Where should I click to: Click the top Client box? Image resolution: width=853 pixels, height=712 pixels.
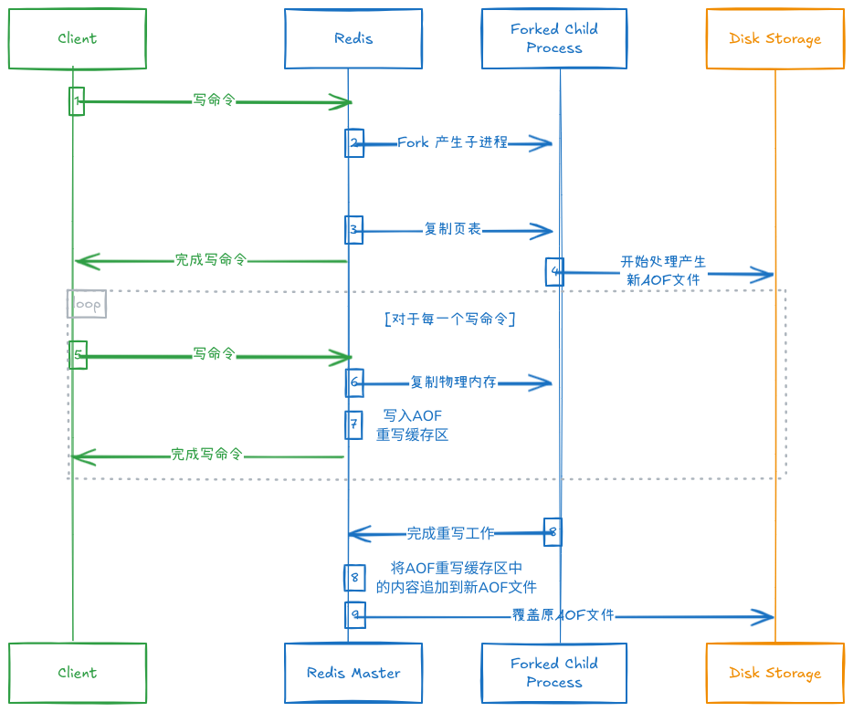[x=77, y=38]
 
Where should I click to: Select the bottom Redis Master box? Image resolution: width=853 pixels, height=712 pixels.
[x=353, y=673]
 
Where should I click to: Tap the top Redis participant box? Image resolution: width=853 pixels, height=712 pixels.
[x=353, y=38]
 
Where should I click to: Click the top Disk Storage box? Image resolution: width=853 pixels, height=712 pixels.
[x=774, y=38]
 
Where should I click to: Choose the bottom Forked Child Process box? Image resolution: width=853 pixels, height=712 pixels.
[x=554, y=673]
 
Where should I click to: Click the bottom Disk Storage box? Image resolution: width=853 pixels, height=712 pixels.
[x=774, y=673]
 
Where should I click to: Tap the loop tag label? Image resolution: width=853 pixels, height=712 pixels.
[x=87, y=304]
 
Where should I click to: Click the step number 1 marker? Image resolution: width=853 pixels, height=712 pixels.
[x=78, y=101]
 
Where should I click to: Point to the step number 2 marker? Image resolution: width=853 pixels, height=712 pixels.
[x=354, y=143]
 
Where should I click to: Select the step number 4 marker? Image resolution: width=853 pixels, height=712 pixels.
[x=554, y=271]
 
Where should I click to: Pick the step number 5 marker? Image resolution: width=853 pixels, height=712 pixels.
[x=79, y=354]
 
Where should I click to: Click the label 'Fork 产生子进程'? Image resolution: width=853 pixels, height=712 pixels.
[x=452, y=143]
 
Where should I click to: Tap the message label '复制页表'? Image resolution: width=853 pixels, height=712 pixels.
[x=453, y=229]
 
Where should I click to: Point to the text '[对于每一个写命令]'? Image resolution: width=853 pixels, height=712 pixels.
[x=450, y=319]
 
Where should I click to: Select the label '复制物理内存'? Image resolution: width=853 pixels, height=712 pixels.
[x=453, y=382]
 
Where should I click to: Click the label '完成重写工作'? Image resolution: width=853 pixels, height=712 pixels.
[x=450, y=533]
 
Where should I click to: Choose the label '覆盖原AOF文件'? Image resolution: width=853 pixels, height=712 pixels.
[x=563, y=616]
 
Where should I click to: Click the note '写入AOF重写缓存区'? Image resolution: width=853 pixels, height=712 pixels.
[x=413, y=425]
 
